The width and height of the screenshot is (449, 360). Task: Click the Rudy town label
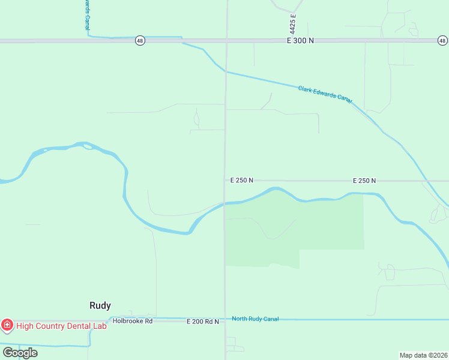[100, 305]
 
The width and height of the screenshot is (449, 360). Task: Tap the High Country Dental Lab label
[61, 326]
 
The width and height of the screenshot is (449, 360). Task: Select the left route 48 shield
[140, 41]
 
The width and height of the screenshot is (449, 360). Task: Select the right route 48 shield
[442, 41]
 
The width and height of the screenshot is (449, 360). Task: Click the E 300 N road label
[300, 41]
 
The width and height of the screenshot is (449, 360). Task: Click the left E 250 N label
[242, 180]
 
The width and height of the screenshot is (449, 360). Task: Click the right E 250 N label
[364, 180]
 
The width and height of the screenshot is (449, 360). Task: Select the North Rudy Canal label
[255, 319]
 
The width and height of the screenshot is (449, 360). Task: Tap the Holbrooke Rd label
[133, 321]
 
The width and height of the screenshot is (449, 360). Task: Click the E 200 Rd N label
[202, 322]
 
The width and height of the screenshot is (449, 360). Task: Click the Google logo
[20, 353]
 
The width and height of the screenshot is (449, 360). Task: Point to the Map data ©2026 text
[423, 355]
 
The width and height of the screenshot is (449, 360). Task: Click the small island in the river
[88, 146]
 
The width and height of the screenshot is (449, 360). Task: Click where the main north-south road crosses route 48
[226, 41]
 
